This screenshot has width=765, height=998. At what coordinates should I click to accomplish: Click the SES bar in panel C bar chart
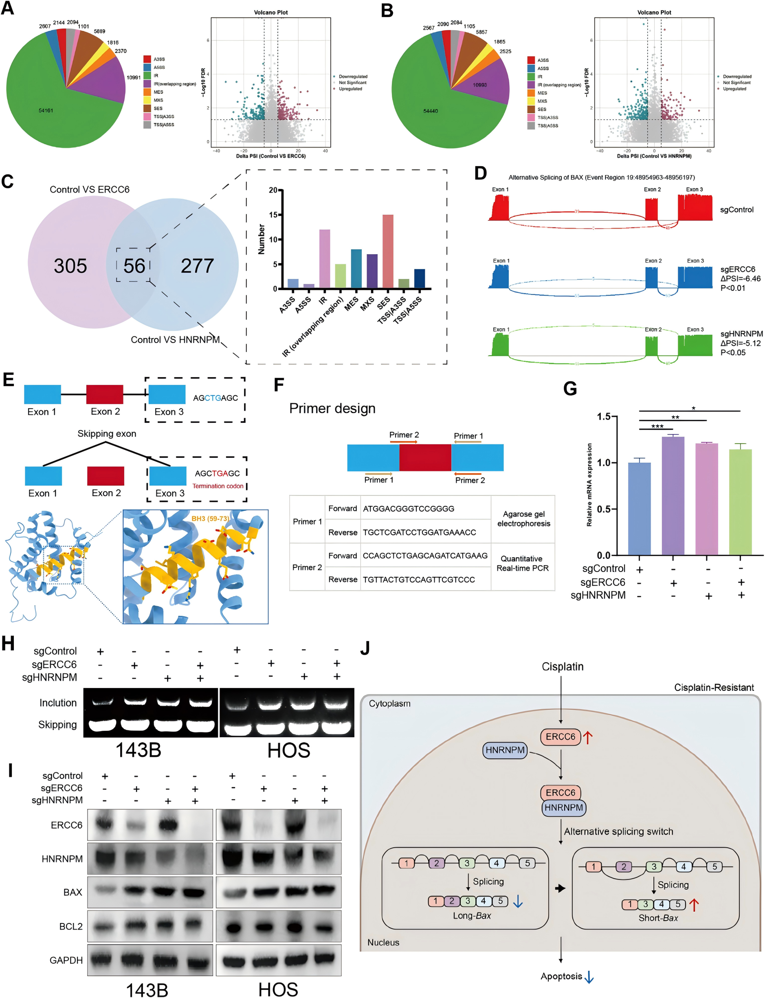387,251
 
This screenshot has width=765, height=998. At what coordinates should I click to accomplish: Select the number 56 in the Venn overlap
134,266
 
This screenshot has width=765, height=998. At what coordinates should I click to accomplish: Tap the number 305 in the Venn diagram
70,266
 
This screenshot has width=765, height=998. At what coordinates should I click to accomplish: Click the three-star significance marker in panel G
657,426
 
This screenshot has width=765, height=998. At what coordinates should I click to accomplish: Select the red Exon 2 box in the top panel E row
105,394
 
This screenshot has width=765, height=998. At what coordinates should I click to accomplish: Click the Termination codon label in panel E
218,486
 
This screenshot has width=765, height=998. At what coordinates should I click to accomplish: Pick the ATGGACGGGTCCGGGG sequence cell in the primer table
409,508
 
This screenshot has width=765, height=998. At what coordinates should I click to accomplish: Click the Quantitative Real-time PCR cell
522,563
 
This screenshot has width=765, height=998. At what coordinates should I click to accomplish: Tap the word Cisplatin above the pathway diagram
563,666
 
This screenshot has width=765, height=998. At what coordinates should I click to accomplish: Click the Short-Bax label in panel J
658,918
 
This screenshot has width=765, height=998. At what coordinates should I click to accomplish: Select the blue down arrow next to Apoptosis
589,977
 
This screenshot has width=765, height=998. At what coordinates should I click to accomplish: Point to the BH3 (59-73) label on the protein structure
210,519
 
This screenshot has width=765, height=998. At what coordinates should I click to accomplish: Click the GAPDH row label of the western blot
66,960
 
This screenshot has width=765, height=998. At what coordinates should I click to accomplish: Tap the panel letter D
480,174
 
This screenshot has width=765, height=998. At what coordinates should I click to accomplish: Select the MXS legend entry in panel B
542,101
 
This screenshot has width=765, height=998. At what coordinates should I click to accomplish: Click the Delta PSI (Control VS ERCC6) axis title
270,156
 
